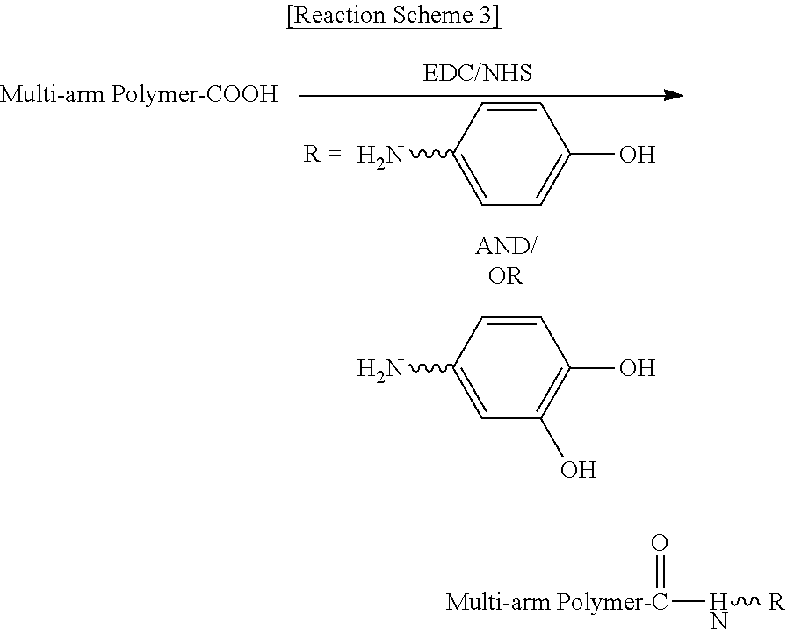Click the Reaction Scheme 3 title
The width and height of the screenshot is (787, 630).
393,16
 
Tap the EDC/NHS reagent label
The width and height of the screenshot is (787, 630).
477,73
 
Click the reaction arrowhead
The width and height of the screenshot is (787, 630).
674,95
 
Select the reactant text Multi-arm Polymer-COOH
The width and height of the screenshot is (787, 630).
139,94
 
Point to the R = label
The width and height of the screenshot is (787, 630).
322,154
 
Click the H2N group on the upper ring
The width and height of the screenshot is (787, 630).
380,156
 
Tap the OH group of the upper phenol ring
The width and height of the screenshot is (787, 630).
637,154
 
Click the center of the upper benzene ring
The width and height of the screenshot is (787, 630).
511,154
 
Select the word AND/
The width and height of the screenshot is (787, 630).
505,246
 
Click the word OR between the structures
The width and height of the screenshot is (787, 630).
505,276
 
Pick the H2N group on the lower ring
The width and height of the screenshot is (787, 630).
380,369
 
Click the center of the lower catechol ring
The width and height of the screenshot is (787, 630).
511,367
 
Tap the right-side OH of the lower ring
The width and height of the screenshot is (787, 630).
637,368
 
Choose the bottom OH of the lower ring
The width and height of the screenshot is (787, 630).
578,470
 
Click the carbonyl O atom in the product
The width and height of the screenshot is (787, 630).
660,543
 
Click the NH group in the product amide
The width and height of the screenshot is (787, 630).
718,611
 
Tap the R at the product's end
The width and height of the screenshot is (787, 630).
776,601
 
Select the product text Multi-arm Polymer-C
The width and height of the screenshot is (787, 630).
557,603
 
